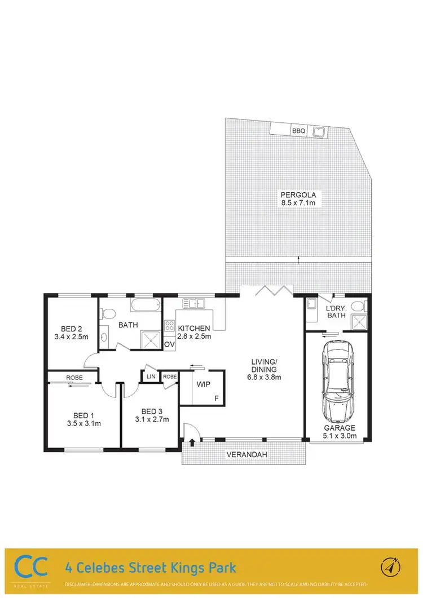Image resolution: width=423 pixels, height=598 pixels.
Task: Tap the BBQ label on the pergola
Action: tap(298, 131)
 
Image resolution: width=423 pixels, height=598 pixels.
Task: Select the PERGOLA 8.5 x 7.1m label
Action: tap(298, 200)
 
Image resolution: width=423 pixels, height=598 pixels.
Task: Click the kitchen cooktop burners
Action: tap(169, 326)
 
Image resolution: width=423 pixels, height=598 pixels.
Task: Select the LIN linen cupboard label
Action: tap(151, 376)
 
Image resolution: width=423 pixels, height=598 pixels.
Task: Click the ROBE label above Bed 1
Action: tap(74, 376)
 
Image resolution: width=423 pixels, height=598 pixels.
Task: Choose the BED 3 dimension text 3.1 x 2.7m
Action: tap(152, 419)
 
